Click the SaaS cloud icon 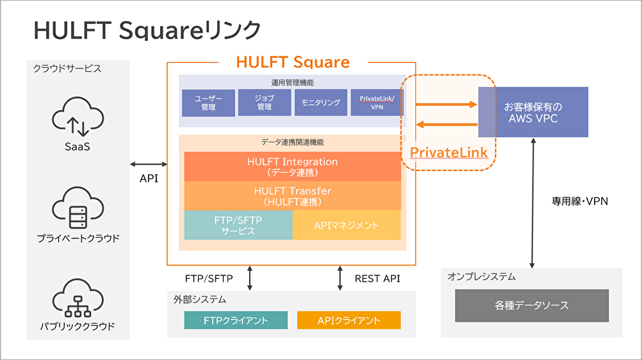(78, 119)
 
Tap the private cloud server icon (78, 208)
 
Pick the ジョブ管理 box (264, 103)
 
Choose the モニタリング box (320, 103)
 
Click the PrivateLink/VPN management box (377, 103)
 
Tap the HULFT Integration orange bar (292, 167)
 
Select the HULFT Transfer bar (292, 195)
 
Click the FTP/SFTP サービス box (238, 225)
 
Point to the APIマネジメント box (347, 225)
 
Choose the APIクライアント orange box (349, 320)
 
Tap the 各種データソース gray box (532, 306)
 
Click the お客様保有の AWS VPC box (533, 111)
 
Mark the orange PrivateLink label (449, 152)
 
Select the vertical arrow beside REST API (340, 279)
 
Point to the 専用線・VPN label (580, 200)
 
